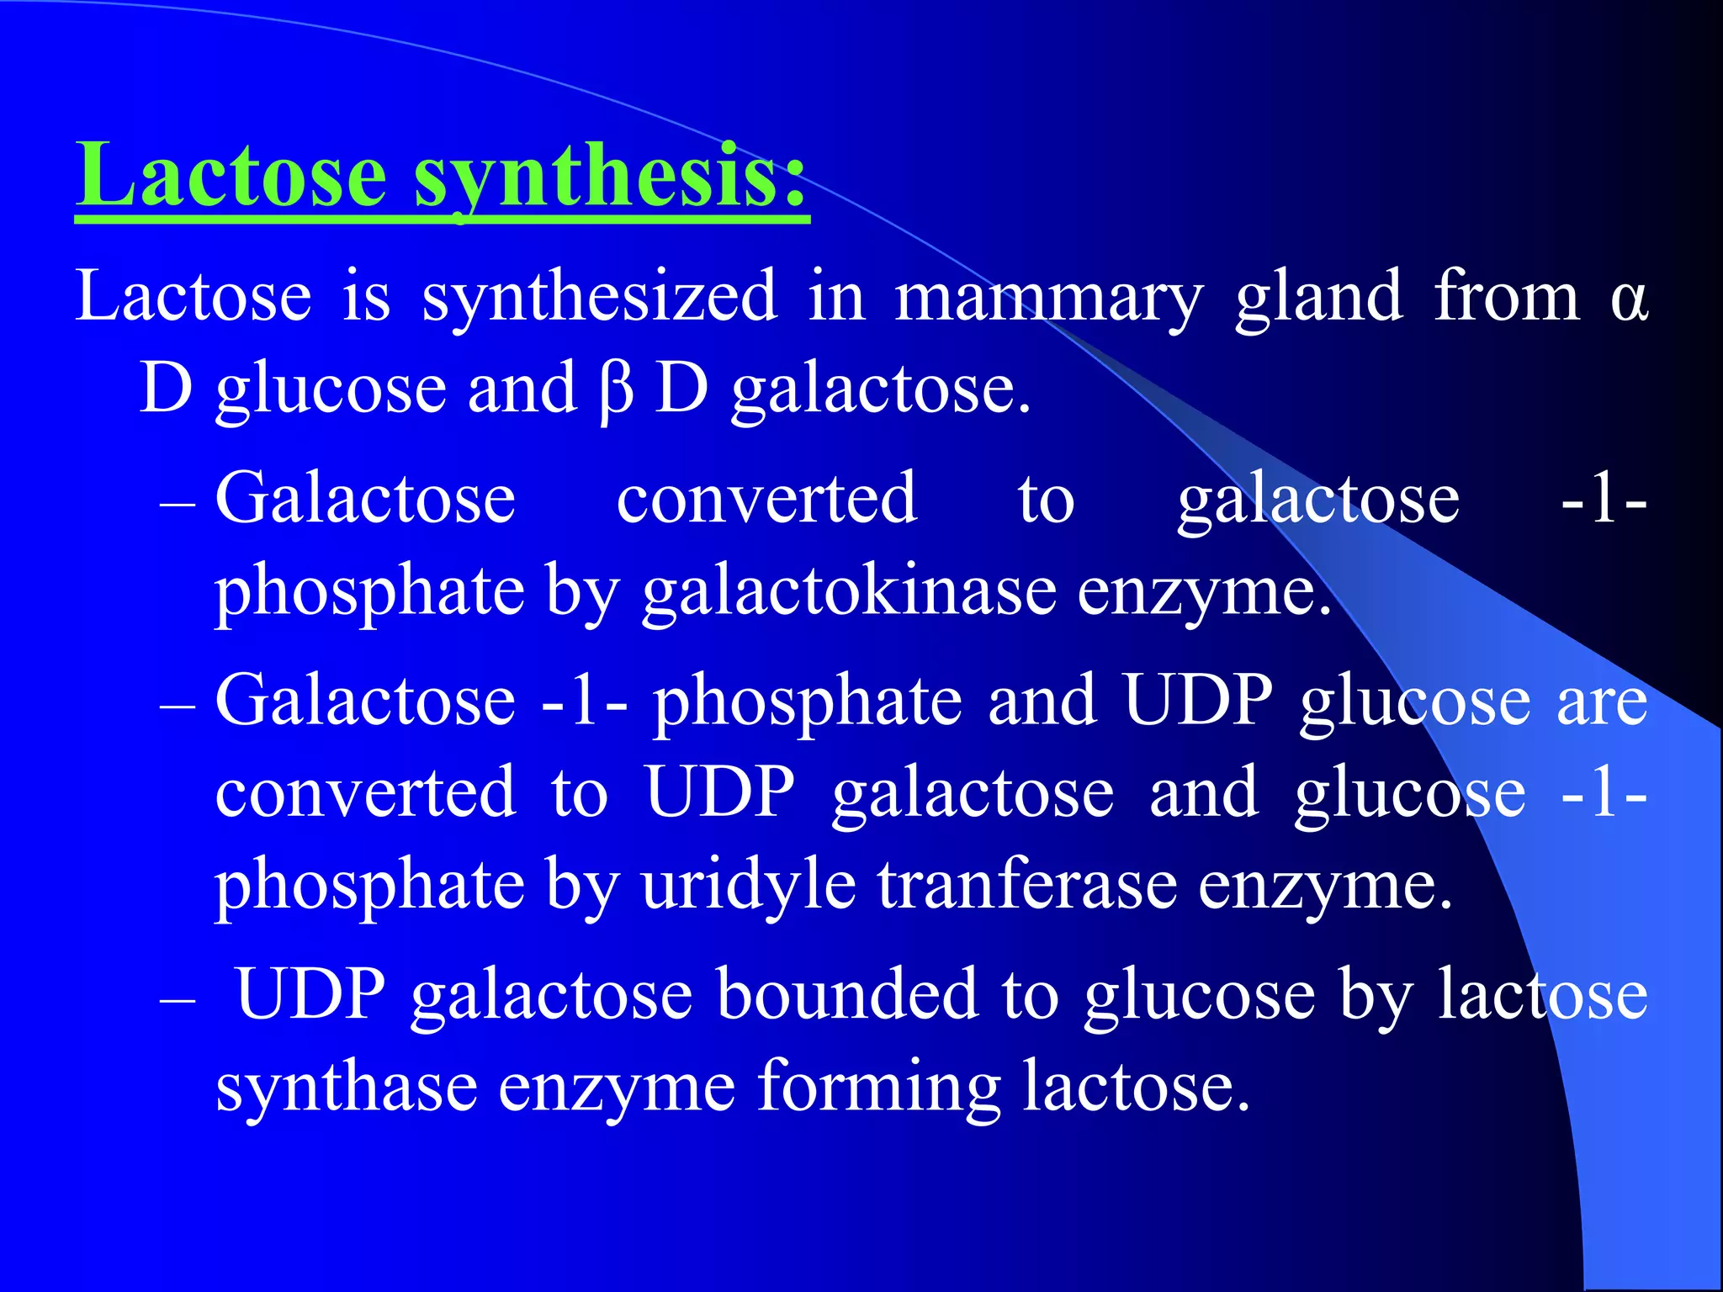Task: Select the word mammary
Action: pos(1048,298)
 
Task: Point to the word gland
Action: pos(1319,298)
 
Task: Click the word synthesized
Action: pos(600,298)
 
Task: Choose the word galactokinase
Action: pos(850,591)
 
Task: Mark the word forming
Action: pos(879,1088)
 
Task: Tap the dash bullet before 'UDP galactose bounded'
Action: pos(178,1002)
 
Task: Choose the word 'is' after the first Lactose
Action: pos(367,298)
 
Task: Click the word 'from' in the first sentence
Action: pos(1507,298)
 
